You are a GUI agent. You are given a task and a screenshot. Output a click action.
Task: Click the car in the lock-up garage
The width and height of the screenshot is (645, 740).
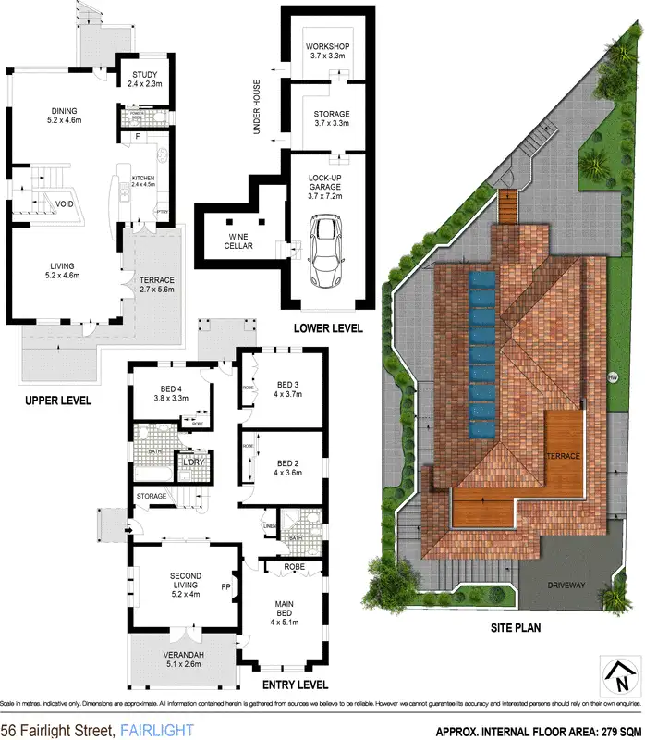pyautogui.click(x=326, y=251)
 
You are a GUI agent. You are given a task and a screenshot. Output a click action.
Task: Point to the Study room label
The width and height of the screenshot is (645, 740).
pyautogui.click(x=145, y=75)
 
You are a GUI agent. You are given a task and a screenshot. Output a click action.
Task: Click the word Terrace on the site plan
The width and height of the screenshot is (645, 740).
pyautogui.click(x=563, y=457)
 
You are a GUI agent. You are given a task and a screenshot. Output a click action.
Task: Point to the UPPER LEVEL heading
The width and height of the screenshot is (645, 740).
pyautogui.click(x=58, y=400)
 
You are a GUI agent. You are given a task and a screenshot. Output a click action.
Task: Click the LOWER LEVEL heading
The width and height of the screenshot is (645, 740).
pyautogui.click(x=328, y=328)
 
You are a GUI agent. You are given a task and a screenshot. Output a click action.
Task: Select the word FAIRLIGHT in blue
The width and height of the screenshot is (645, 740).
pyautogui.click(x=157, y=731)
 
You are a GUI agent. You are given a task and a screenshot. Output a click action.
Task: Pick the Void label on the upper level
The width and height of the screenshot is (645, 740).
pyautogui.click(x=64, y=203)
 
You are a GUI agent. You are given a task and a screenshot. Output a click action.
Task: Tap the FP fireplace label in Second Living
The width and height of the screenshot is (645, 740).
pyautogui.click(x=225, y=586)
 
